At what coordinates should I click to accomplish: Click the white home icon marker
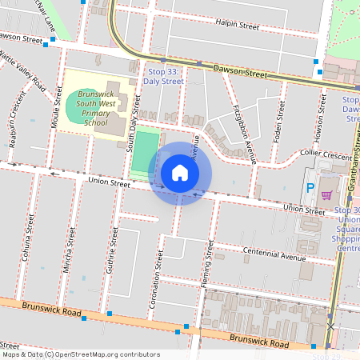coord(180,173)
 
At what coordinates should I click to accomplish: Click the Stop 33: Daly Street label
coord(164,76)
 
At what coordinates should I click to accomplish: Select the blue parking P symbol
coord(310,189)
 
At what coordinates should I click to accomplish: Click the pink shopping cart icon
coord(326,194)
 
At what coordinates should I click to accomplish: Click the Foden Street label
coord(279,118)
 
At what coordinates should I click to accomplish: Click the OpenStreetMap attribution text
coord(80,354)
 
